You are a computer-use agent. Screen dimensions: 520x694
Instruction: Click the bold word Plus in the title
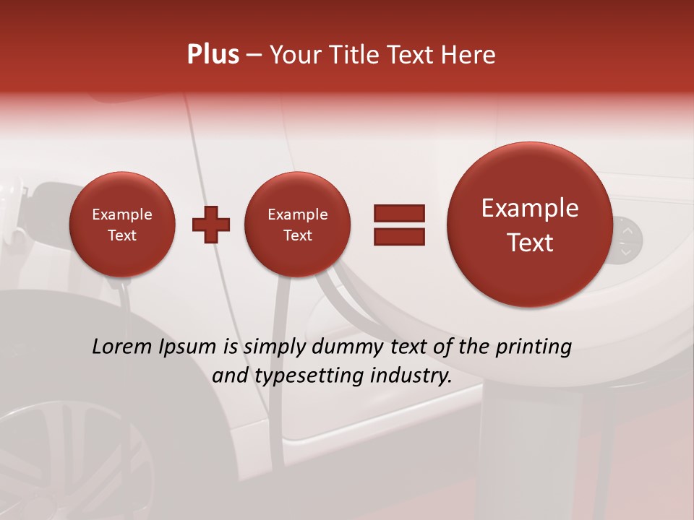click(213, 55)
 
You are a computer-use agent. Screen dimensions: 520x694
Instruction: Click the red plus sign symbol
click(211, 225)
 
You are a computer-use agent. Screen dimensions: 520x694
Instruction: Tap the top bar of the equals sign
click(399, 213)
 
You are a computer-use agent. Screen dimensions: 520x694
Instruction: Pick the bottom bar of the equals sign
click(399, 236)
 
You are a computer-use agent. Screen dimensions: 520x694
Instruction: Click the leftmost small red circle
click(122, 225)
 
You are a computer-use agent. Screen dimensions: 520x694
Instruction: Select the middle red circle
click(297, 225)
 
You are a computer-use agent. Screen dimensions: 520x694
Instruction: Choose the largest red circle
click(530, 225)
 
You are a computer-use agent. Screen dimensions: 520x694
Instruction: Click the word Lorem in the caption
click(124, 347)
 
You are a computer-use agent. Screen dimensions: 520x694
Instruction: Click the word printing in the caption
click(534, 347)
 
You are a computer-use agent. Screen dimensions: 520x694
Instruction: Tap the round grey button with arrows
click(626, 239)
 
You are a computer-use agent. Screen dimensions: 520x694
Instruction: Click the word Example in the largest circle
click(530, 208)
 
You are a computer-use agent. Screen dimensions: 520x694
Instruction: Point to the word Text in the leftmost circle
click(122, 235)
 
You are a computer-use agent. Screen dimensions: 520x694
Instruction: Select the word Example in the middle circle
click(297, 214)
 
